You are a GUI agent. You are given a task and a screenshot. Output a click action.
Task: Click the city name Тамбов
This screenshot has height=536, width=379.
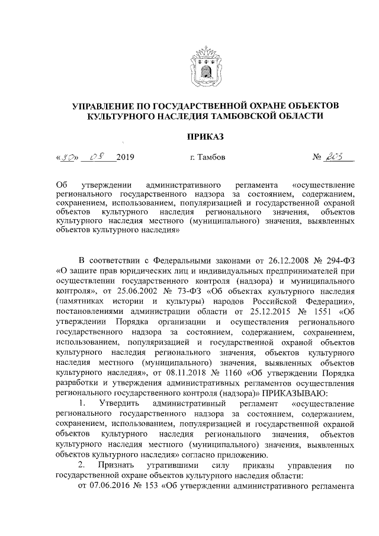click(208, 158)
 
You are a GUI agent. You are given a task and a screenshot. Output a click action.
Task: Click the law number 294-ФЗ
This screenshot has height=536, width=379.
click(341, 262)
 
